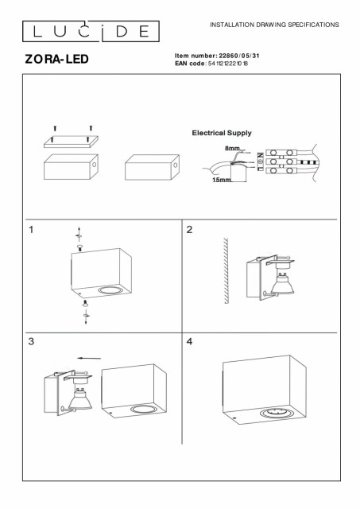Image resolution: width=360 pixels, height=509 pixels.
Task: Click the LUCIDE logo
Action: [91, 32]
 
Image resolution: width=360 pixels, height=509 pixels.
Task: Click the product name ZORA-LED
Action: [56, 59]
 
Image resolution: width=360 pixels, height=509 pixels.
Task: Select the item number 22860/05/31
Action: [239, 56]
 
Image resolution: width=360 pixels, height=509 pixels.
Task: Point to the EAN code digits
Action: [228, 64]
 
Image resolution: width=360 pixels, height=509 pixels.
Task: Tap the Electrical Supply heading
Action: [222, 133]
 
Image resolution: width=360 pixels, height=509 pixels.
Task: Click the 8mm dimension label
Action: [232, 149]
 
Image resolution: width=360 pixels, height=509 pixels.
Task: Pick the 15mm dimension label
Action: [222, 180]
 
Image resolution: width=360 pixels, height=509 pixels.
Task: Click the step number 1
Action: [31, 230]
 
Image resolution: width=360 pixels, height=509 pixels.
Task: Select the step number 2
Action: [189, 230]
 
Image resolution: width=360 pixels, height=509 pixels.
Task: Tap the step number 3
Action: [31, 341]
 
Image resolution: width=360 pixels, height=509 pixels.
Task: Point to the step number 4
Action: [189, 341]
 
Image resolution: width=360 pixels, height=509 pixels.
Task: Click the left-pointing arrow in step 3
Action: [89, 359]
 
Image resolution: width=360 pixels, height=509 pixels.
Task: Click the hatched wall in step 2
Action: [226, 270]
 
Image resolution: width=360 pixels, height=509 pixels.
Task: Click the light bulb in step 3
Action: [80, 398]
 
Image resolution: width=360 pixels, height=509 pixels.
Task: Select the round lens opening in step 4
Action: [273, 414]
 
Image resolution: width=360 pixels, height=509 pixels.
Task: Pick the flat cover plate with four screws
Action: [71, 142]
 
